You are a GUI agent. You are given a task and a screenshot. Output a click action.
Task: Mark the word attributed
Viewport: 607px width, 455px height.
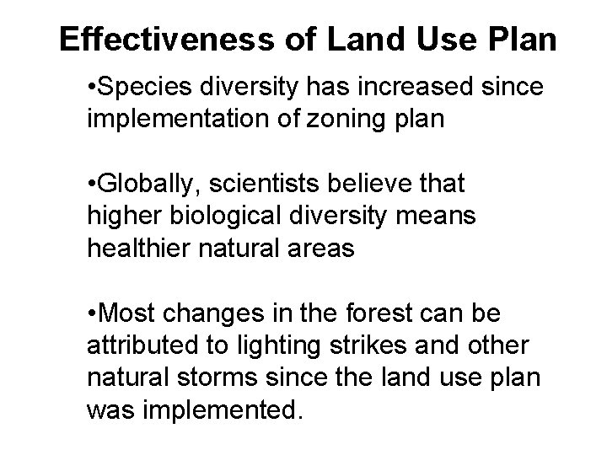coord(142,345)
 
